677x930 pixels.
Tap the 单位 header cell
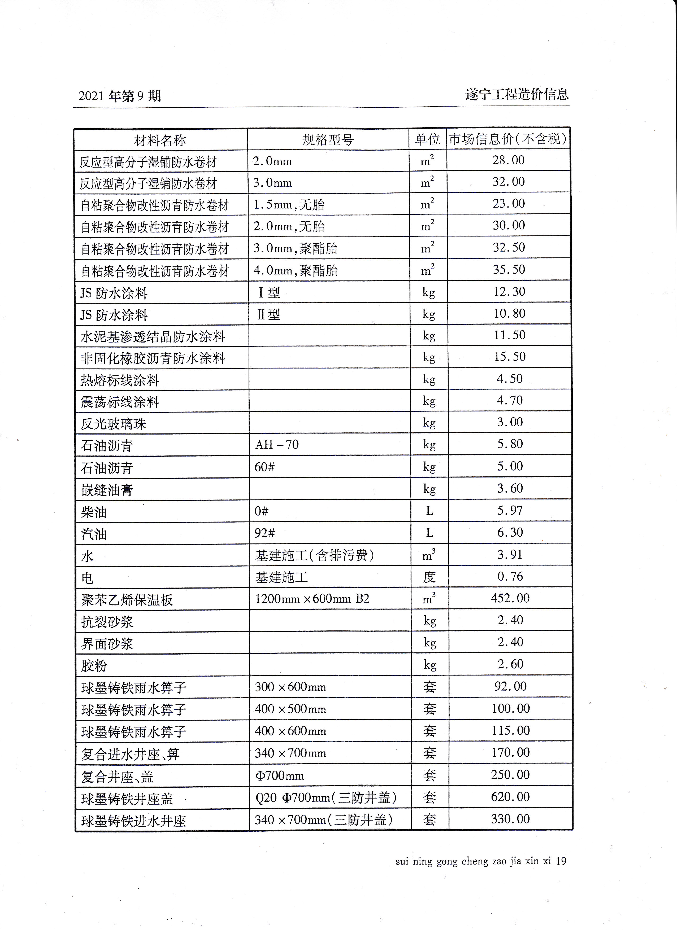pyautogui.click(x=428, y=140)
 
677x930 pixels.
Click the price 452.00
pyautogui.click(x=510, y=598)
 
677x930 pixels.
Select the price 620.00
pyautogui.click(x=510, y=797)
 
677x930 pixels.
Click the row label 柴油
pyautogui.click(x=94, y=512)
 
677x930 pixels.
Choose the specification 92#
pyautogui.click(x=265, y=533)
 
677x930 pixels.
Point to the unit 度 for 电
pyautogui.click(x=429, y=577)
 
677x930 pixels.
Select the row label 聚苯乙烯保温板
pyautogui.click(x=127, y=600)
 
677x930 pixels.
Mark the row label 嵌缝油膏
pyautogui.click(x=107, y=490)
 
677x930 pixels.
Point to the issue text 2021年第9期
pyautogui.click(x=120, y=96)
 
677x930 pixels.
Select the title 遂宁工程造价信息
pyautogui.click(x=517, y=95)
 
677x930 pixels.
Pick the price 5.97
pyautogui.click(x=510, y=511)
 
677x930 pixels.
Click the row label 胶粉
pyautogui.click(x=94, y=666)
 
